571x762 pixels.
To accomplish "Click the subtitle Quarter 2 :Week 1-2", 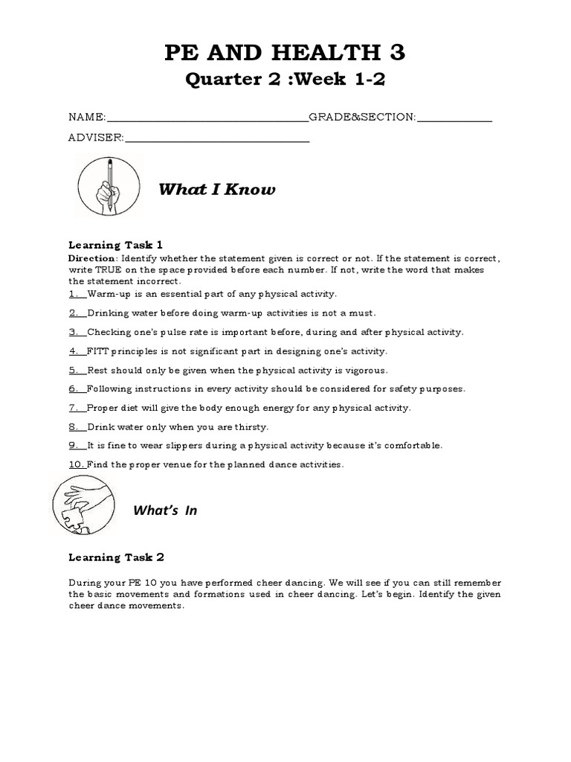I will pos(285,80).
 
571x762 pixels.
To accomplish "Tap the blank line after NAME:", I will pos(207,118).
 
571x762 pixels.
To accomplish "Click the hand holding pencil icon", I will pos(109,186).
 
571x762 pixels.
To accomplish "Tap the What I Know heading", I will pos(216,190).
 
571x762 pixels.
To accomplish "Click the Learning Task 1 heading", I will pos(115,245).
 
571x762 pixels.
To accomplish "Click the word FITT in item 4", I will pos(98,351).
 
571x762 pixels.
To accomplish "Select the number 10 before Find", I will pos(76,464).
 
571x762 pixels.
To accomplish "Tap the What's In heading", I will pos(165,510).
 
